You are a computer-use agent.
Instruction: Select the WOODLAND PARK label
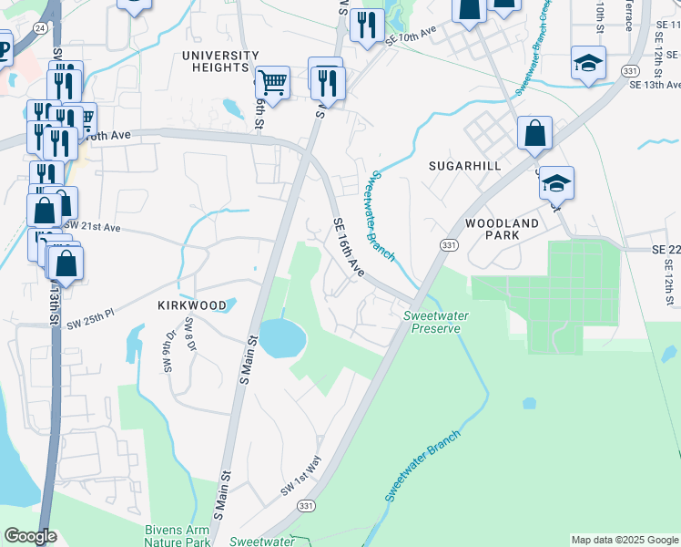(x=502, y=229)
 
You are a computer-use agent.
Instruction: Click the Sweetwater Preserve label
(x=432, y=322)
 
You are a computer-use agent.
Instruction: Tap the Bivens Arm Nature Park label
(x=178, y=535)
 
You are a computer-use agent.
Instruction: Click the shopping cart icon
(x=272, y=83)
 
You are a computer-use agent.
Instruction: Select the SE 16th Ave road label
(x=349, y=248)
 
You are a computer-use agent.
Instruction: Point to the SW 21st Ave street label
(x=92, y=225)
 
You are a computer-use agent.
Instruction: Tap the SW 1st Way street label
(x=300, y=477)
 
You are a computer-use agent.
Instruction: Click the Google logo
(x=30, y=536)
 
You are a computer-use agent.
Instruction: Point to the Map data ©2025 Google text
(x=624, y=540)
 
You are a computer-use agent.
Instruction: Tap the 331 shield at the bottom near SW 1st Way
(x=307, y=506)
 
